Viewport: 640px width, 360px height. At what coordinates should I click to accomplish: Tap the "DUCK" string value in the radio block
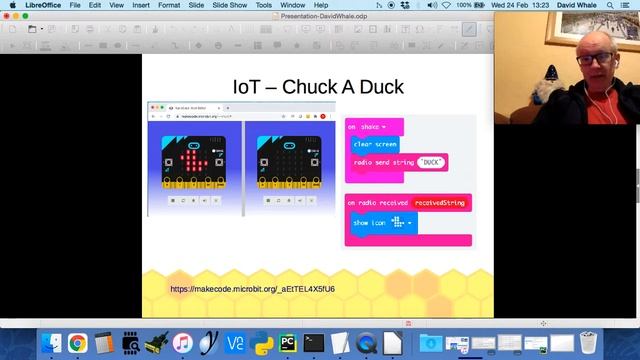(x=431, y=161)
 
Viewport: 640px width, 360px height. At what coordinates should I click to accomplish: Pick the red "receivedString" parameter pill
(x=440, y=204)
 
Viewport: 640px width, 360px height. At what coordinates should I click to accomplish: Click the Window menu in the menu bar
(x=294, y=6)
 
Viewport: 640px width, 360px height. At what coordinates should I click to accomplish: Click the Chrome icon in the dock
(x=77, y=344)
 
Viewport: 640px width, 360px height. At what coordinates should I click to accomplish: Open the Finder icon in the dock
(x=51, y=344)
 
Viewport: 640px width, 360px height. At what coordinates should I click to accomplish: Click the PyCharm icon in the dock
(x=288, y=344)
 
